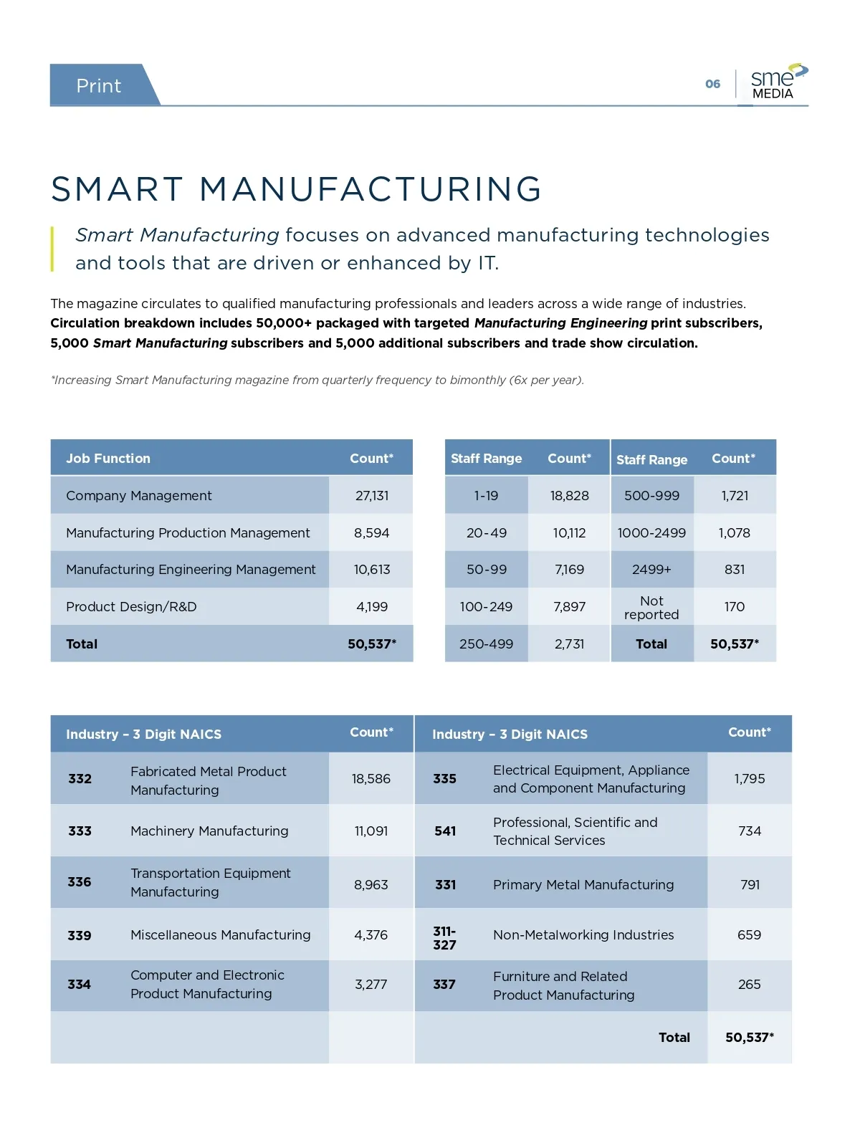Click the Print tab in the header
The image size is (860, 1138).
pyautogui.click(x=99, y=86)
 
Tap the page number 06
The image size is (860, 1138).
pyautogui.click(x=712, y=84)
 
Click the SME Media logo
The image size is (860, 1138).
pyautogui.click(x=777, y=82)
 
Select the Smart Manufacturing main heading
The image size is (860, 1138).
pyautogui.click(x=297, y=189)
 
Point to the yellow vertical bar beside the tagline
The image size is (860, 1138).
pyautogui.click(x=52, y=249)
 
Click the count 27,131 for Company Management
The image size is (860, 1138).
pyautogui.click(x=371, y=495)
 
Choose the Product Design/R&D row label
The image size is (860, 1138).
pyautogui.click(x=131, y=606)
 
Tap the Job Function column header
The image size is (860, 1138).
pyautogui.click(x=108, y=458)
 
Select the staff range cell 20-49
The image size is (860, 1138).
pyautogui.click(x=486, y=532)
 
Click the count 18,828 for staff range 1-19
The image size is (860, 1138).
pyautogui.click(x=569, y=495)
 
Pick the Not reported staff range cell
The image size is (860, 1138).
pyautogui.click(x=651, y=607)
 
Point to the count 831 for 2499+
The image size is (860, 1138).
pyautogui.click(x=735, y=569)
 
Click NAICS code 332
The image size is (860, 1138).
pyautogui.click(x=80, y=778)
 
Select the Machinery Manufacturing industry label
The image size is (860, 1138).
pyautogui.click(x=209, y=831)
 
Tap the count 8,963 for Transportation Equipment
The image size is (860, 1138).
pyautogui.click(x=371, y=884)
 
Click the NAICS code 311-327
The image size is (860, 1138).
pyautogui.click(x=444, y=937)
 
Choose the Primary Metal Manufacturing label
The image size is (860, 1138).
pyautogui.click(x=583, y=884)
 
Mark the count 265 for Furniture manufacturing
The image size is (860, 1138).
pyautogui.click(x=749, y=984)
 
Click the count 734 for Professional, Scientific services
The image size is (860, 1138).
pyautogui.click(x=750, y=831)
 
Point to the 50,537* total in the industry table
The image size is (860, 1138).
pyautogui.click(x=749, y=1037)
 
